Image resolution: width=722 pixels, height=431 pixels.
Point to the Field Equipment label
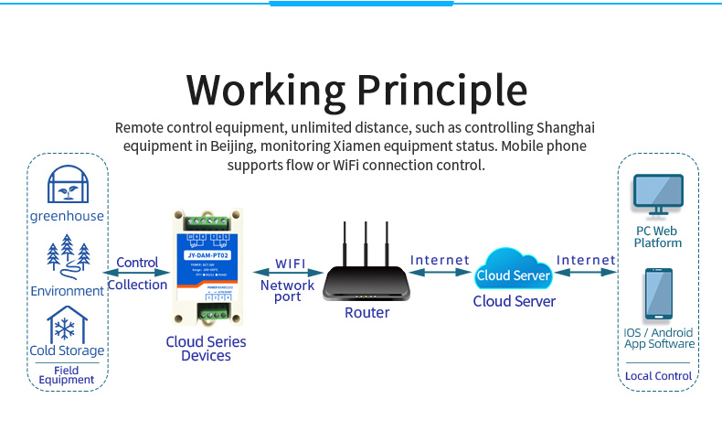(67, 375)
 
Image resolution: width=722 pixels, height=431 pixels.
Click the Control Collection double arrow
(136, 273)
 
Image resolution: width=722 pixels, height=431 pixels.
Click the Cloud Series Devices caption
(206, 349)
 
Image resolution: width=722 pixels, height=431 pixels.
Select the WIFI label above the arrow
(291, 264)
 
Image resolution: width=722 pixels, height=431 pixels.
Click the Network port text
(288, 291)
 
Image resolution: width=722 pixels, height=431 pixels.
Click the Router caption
(367, 313)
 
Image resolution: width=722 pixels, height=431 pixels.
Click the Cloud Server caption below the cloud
(514, 300)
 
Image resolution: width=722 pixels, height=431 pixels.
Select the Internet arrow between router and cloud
(440, 273)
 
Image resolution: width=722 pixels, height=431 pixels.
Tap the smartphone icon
(659, 295)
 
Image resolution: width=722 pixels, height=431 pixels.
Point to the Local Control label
(659, 376)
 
